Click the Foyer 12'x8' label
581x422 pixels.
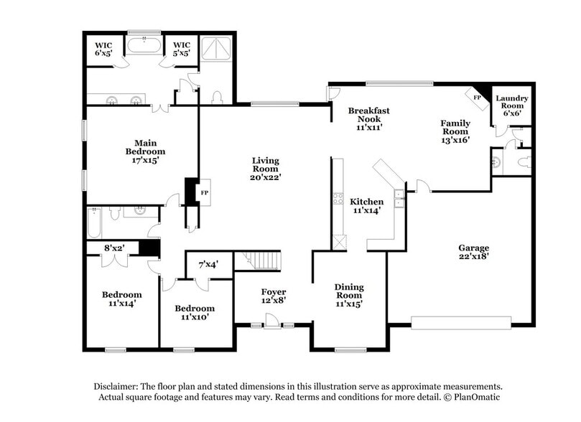(273, 296)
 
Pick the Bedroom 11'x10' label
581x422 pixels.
(194, 312)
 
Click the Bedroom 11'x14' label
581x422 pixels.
(121, 299)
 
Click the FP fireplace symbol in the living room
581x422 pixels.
(204, 193)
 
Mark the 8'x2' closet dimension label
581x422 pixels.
(114, 248)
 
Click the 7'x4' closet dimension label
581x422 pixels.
(208, 263)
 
